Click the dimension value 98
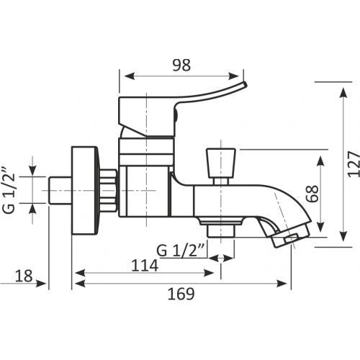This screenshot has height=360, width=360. tap(181, 65)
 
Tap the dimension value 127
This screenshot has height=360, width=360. tap(354, 164)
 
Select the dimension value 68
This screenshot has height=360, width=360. tap(312, 194)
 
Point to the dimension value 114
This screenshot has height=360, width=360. tap(145, 265)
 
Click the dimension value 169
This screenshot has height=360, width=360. tap(181, 294)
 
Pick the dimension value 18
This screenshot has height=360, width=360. tap(24, 276)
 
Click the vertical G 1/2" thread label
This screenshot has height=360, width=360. tap(9, 190)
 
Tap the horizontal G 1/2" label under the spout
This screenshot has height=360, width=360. tap(180, 251)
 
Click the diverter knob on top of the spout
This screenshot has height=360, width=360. tap(221, 163)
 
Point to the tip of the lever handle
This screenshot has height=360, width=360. tap(246, 84)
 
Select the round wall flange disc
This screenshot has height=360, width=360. tap(85, 190)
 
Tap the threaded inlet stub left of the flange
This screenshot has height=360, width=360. tap(60, 190)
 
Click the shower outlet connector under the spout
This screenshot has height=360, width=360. tap(221, 230)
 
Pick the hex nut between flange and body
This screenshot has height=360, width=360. tap(109, 190)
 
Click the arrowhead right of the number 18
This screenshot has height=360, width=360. tap(41, 284)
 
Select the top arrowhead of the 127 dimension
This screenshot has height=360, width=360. tap(343, 92)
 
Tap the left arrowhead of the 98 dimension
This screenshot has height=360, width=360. tap(130, 76)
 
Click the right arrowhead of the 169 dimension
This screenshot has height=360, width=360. tap(282, 284)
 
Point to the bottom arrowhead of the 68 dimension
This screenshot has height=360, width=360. tap(320, 227)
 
